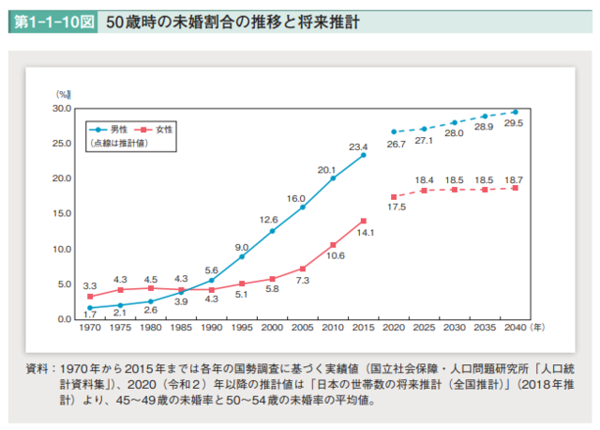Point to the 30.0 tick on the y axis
click(63, 108)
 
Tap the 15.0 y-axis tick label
click(63, 214)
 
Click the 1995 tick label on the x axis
click(242, 330)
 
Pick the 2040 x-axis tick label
click(515, 330)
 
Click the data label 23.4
click(358, 146)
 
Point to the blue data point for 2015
click(364, 155)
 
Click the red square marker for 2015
click(364, 221)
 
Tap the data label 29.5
click(514, 123)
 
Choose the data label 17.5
click(395, 208)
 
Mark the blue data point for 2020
click(394, 131)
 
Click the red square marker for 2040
click(515, 188)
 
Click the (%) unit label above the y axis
click(64, 95)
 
